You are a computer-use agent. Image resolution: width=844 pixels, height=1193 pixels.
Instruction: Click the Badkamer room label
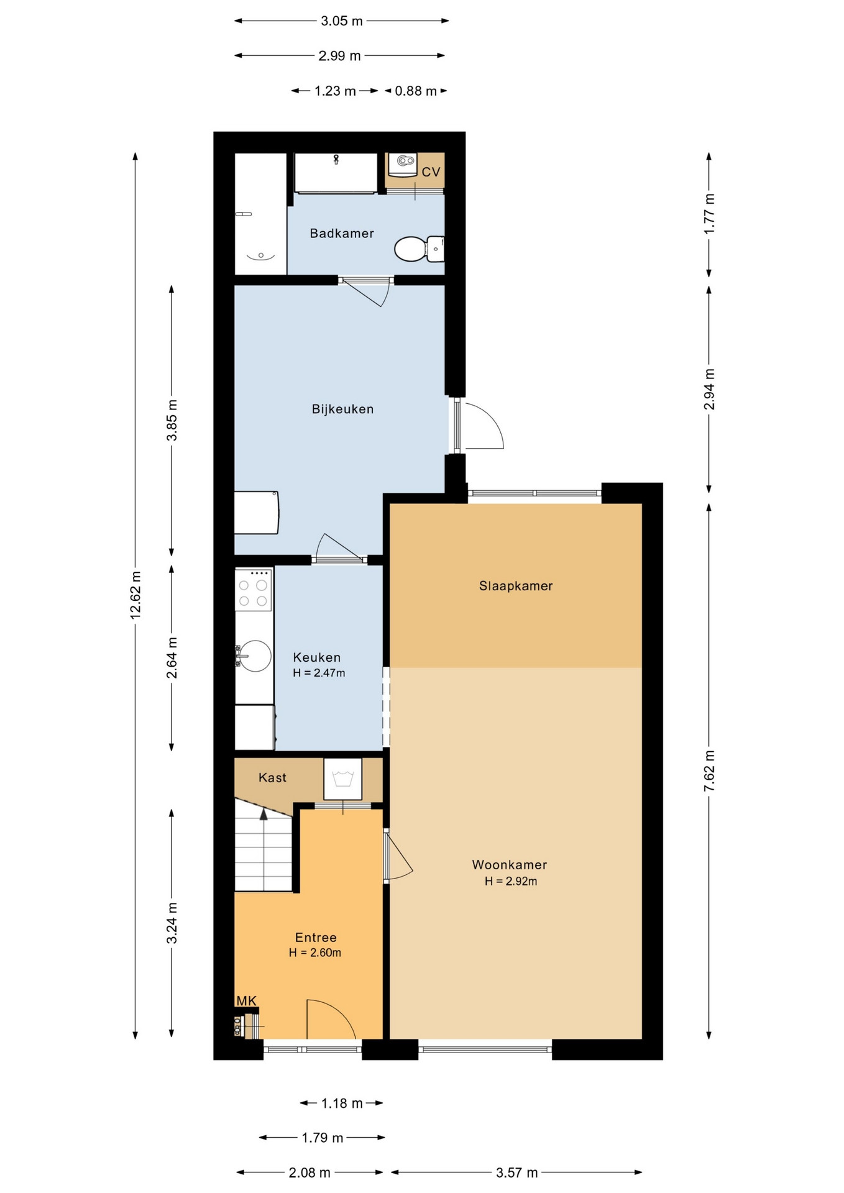coord(342,234)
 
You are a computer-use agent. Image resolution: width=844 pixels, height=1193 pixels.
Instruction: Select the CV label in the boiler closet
coord(431,172)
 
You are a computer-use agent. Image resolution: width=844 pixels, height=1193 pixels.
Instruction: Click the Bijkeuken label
coord(342,409)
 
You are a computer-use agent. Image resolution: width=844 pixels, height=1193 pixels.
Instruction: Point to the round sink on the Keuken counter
coord(254,656)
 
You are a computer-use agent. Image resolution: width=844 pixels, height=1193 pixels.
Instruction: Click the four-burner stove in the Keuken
coord(254,589)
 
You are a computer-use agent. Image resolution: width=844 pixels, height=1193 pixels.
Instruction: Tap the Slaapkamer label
coord(516,586)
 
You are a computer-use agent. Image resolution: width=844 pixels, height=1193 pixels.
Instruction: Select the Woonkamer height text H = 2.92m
coord(511,881)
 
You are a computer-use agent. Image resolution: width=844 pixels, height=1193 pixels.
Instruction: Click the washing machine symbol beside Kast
coord(343,779)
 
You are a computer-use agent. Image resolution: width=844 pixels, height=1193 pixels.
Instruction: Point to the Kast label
coord(272,777)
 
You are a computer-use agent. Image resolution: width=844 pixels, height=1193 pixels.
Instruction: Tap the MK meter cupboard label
coord(247,1000)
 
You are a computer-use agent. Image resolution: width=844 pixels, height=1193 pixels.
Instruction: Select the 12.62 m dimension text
coord(135,595)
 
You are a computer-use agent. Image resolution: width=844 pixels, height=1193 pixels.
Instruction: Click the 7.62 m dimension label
coord(709,770)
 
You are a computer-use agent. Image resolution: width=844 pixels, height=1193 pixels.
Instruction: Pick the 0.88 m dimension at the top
coord(416,91)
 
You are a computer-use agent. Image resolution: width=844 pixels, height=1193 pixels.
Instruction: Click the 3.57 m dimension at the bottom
coord(516,1172)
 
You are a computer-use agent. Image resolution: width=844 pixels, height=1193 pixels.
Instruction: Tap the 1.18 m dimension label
coord(342,1103)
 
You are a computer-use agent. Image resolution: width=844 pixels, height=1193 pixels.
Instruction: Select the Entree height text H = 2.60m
coord(315,953)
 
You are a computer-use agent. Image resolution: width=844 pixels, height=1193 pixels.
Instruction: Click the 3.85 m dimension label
coord(172,420)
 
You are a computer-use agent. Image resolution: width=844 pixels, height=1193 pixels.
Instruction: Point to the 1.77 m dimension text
coord(709,214)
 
